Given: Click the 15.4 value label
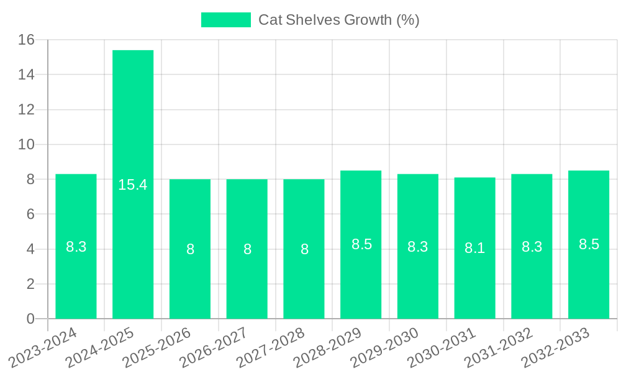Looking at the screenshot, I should pos(133,185).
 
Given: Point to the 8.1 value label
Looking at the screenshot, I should pos(475,248).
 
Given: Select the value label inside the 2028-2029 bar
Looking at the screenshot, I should pos(361,244).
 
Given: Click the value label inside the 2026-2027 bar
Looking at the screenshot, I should pos(247,249).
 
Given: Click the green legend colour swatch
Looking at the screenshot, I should pos(225,20).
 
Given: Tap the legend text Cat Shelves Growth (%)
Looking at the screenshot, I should pos(339,20).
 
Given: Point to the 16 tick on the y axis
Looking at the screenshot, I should pos(26,40).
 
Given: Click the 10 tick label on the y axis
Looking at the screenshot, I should pos(26,144).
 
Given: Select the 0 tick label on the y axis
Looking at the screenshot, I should pos(30,319).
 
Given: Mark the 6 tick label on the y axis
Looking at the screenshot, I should pos(30,215).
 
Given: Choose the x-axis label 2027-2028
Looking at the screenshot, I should pos(271,347).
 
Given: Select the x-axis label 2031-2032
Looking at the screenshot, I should pos(499,347).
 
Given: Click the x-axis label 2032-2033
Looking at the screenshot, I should pos(556,347).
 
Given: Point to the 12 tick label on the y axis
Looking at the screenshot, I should pos(26,110).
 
